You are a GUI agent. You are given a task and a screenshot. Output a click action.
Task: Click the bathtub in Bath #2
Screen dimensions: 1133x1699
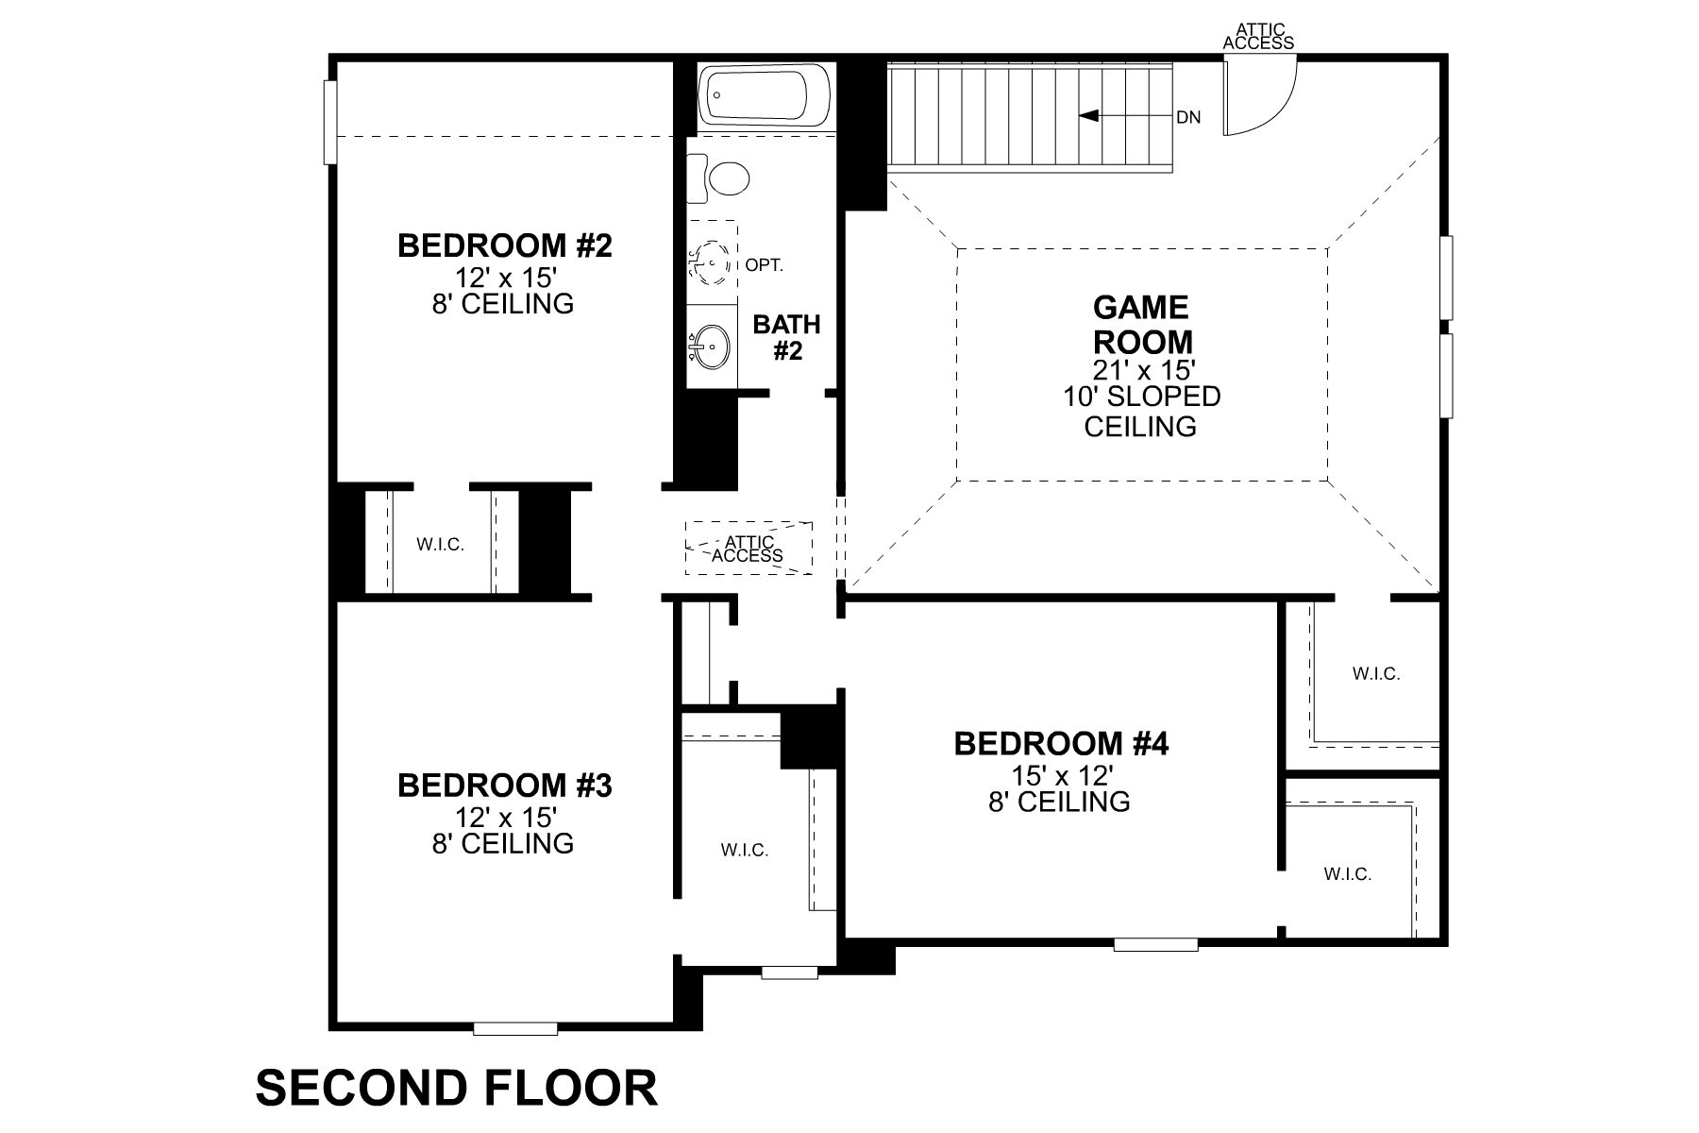point(765,94)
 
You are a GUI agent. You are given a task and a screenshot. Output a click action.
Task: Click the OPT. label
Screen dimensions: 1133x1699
point(765,265)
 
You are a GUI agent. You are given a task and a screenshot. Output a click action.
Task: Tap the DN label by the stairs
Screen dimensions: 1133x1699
point(1188,118)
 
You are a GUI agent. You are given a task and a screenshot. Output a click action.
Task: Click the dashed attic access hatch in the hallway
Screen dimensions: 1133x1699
point(749,549)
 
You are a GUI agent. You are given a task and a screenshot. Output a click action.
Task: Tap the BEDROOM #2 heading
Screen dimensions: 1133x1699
point(504,245)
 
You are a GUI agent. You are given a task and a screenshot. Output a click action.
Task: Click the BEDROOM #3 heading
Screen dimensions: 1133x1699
point(504,785)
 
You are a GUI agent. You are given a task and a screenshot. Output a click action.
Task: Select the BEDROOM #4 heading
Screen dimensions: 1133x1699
point(1061,744)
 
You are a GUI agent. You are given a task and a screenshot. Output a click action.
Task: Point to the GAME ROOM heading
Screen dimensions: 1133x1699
point(1140,324)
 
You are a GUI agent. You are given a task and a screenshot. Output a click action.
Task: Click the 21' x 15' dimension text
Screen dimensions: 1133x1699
point(1140,369)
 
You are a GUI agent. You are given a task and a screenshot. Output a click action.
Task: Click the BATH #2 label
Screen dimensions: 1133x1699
point(786,338)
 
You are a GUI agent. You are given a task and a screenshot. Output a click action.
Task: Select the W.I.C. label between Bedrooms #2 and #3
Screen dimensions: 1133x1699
point(441,545)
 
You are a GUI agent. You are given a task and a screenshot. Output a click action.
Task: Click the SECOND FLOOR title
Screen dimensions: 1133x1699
point(456,1088)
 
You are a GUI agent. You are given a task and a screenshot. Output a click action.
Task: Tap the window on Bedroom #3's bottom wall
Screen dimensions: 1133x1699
point(514,1028)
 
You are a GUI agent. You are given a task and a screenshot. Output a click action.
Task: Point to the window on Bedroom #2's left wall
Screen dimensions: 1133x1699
point(329,122)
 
